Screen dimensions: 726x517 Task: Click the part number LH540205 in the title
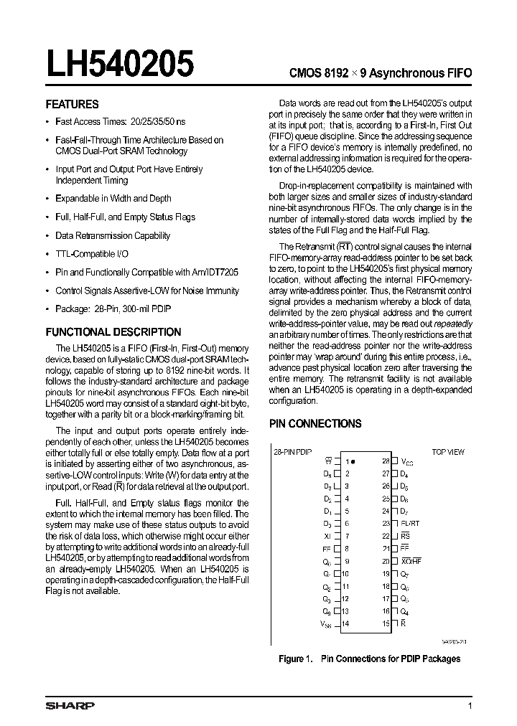click(120, 65)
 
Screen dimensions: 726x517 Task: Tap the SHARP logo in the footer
click(70, 706)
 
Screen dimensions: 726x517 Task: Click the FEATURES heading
click(72, 104)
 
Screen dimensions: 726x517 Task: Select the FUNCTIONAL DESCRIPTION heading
click(113, 332)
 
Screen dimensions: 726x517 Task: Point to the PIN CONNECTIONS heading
click(315, 424)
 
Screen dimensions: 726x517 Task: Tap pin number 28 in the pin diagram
click(386, 461)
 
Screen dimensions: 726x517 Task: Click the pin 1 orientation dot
click(354, 461)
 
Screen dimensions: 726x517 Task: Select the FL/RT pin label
click(410, 524)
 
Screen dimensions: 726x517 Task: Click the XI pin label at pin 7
click(328, 536)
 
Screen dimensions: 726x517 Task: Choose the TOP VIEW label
click(447, 452)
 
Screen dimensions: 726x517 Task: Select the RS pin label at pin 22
click(405, 536)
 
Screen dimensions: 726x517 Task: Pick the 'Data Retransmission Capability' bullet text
click(113, 235)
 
